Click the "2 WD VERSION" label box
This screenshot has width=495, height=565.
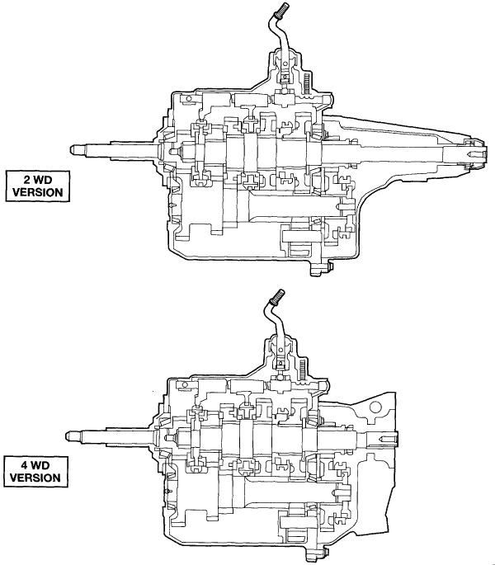pyautogui.click(x=34, y=186)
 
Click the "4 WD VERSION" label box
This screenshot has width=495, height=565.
pyautogui.click(x=34, y=470)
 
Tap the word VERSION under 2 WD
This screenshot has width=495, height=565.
pyautogui.click(x=34, y=194)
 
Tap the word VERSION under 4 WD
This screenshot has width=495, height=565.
pyautogui.click(x=34, y=478)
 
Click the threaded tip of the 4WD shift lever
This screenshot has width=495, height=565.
pyautogui.click(x=276, y=294)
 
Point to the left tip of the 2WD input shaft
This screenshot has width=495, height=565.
pyautogui.click(x=72, y=148)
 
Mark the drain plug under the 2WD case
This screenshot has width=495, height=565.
pyautogui.click(x=318, y=269)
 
